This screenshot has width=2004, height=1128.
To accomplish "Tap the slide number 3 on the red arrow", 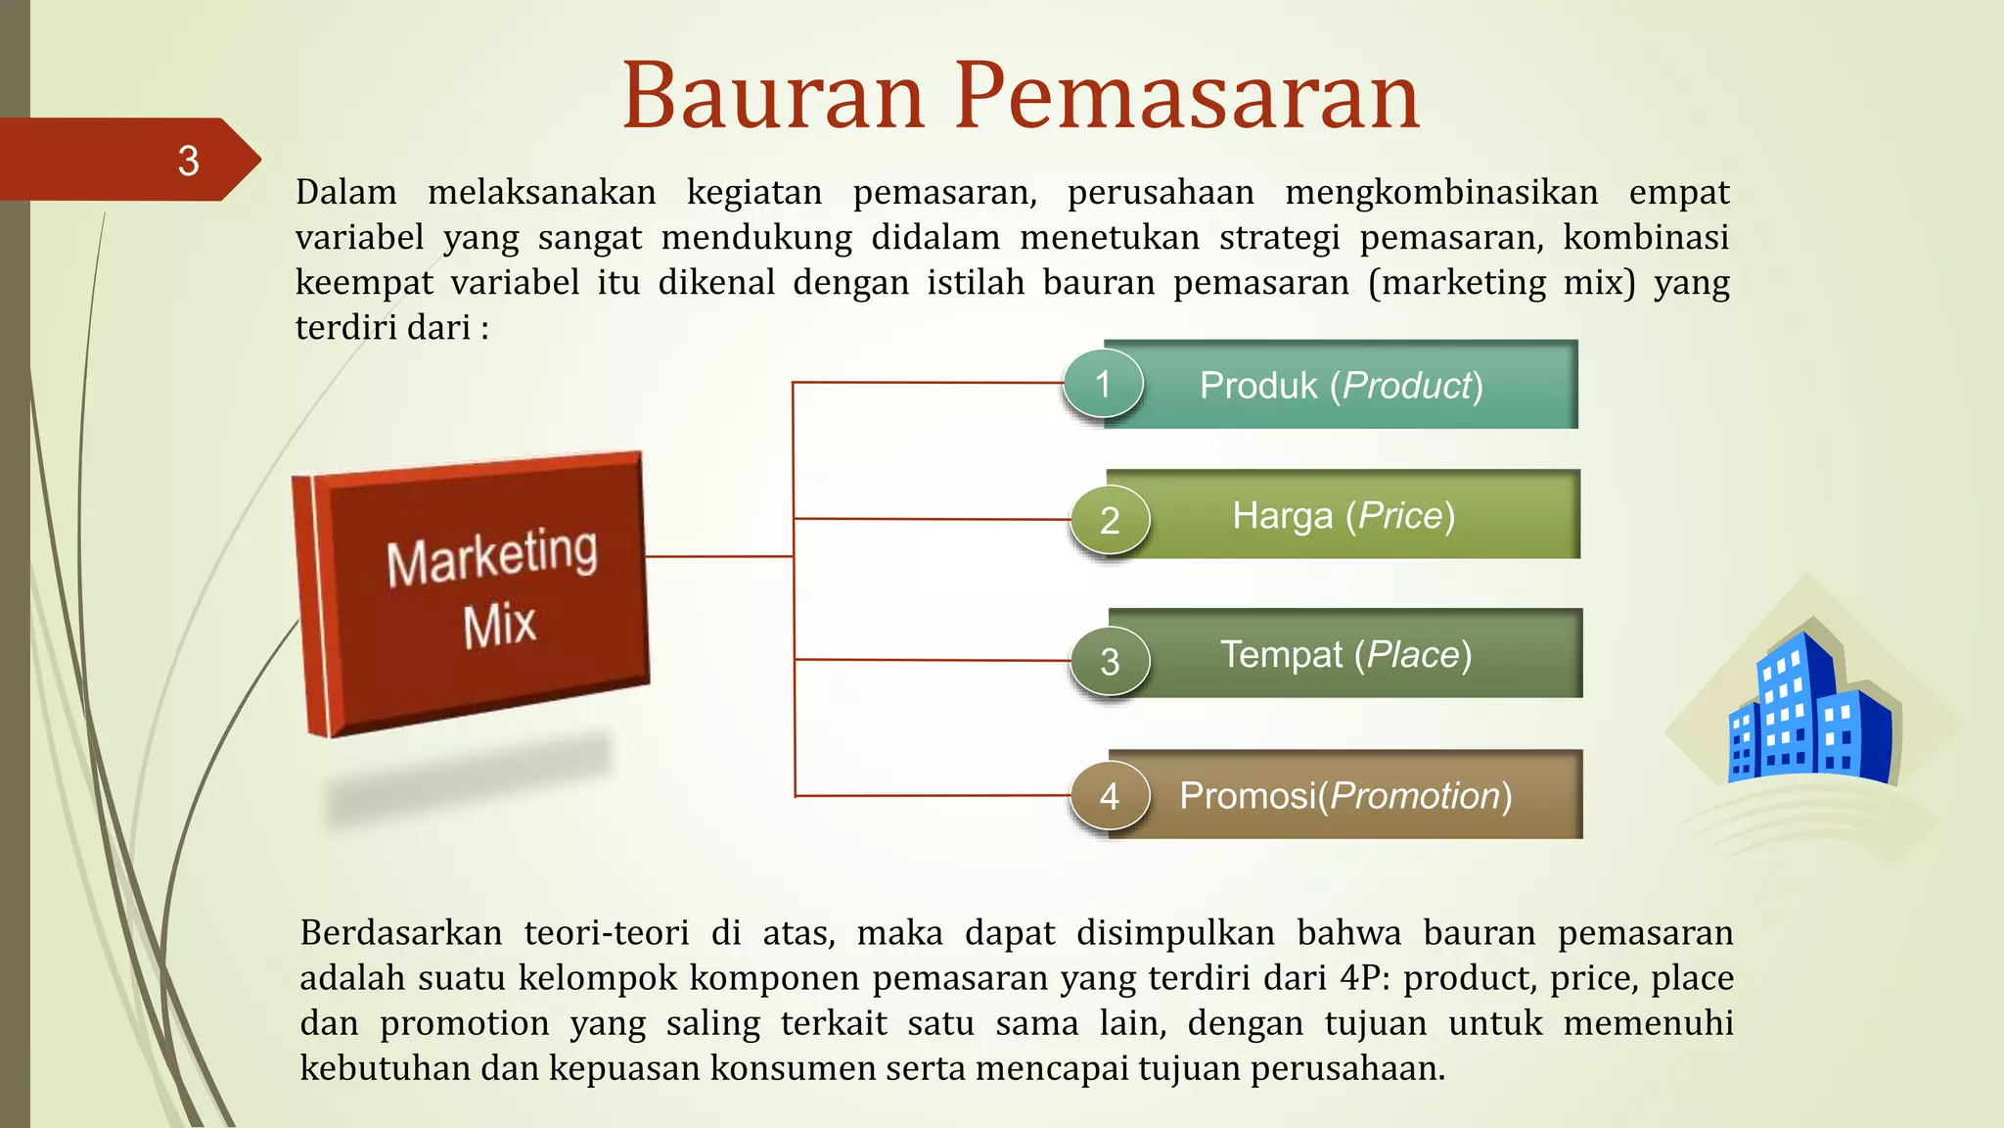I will pyautogui.click(x=188, y=161).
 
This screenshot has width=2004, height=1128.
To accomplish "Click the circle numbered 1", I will pyautogui.click(x=1103, y=384).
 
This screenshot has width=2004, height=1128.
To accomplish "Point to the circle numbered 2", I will pyautogui.click(x=1110, y=520).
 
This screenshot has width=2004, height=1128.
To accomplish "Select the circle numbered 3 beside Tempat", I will pyautogui.click(x=1110, y=661).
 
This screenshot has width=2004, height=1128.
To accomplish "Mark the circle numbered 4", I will pyautogui.click(x=1110, y=795).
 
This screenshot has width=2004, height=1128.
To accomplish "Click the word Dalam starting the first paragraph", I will pyautogui.click(x=346, y=192).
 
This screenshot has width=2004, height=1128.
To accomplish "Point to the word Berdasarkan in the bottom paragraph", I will pyautogui.click(x=401, y=932).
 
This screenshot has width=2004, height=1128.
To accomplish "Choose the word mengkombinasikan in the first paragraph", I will pyautogui.click(x=1441, y=192).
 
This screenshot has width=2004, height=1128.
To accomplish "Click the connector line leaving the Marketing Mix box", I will pyautogui.click(x=719, y=556).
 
